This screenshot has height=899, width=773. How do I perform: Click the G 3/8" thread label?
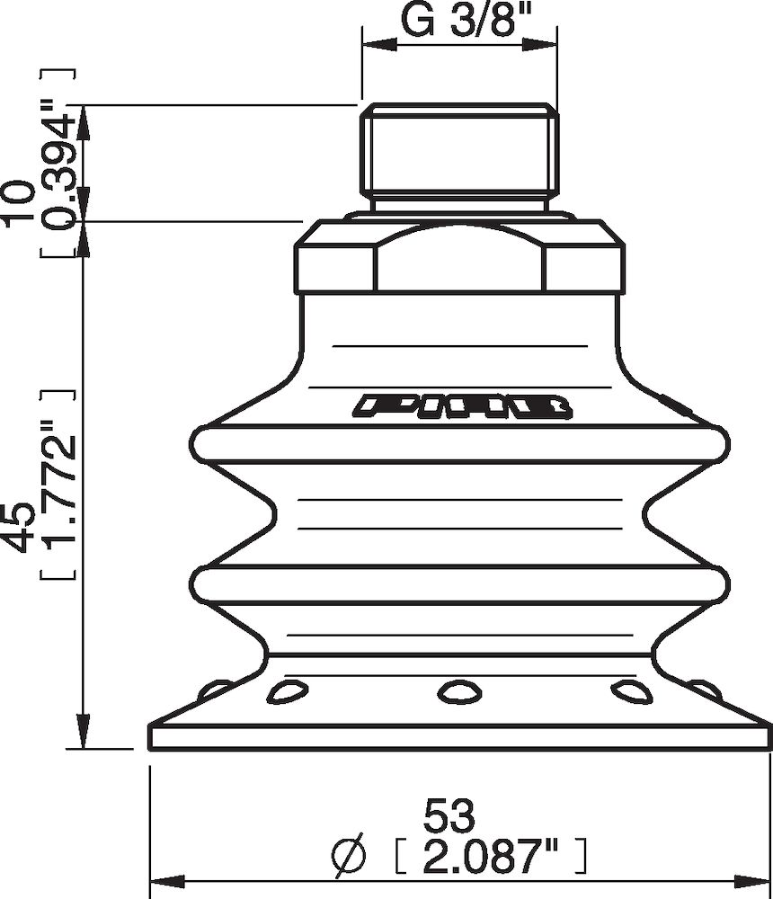pos(460,20)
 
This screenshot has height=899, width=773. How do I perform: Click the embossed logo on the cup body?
pos(463,407)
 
